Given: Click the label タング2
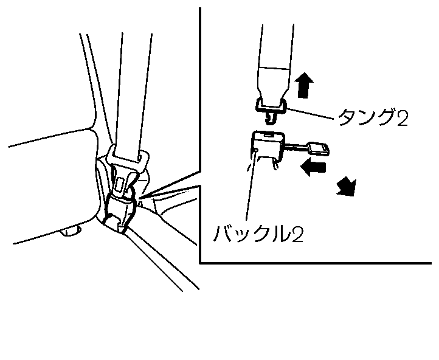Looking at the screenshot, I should click(x=372, y=117).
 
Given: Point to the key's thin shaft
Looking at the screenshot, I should click(x=296, y=147).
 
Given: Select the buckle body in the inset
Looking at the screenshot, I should click(x=266, y=146).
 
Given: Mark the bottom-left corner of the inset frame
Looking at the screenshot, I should click(x=200, y=262).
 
